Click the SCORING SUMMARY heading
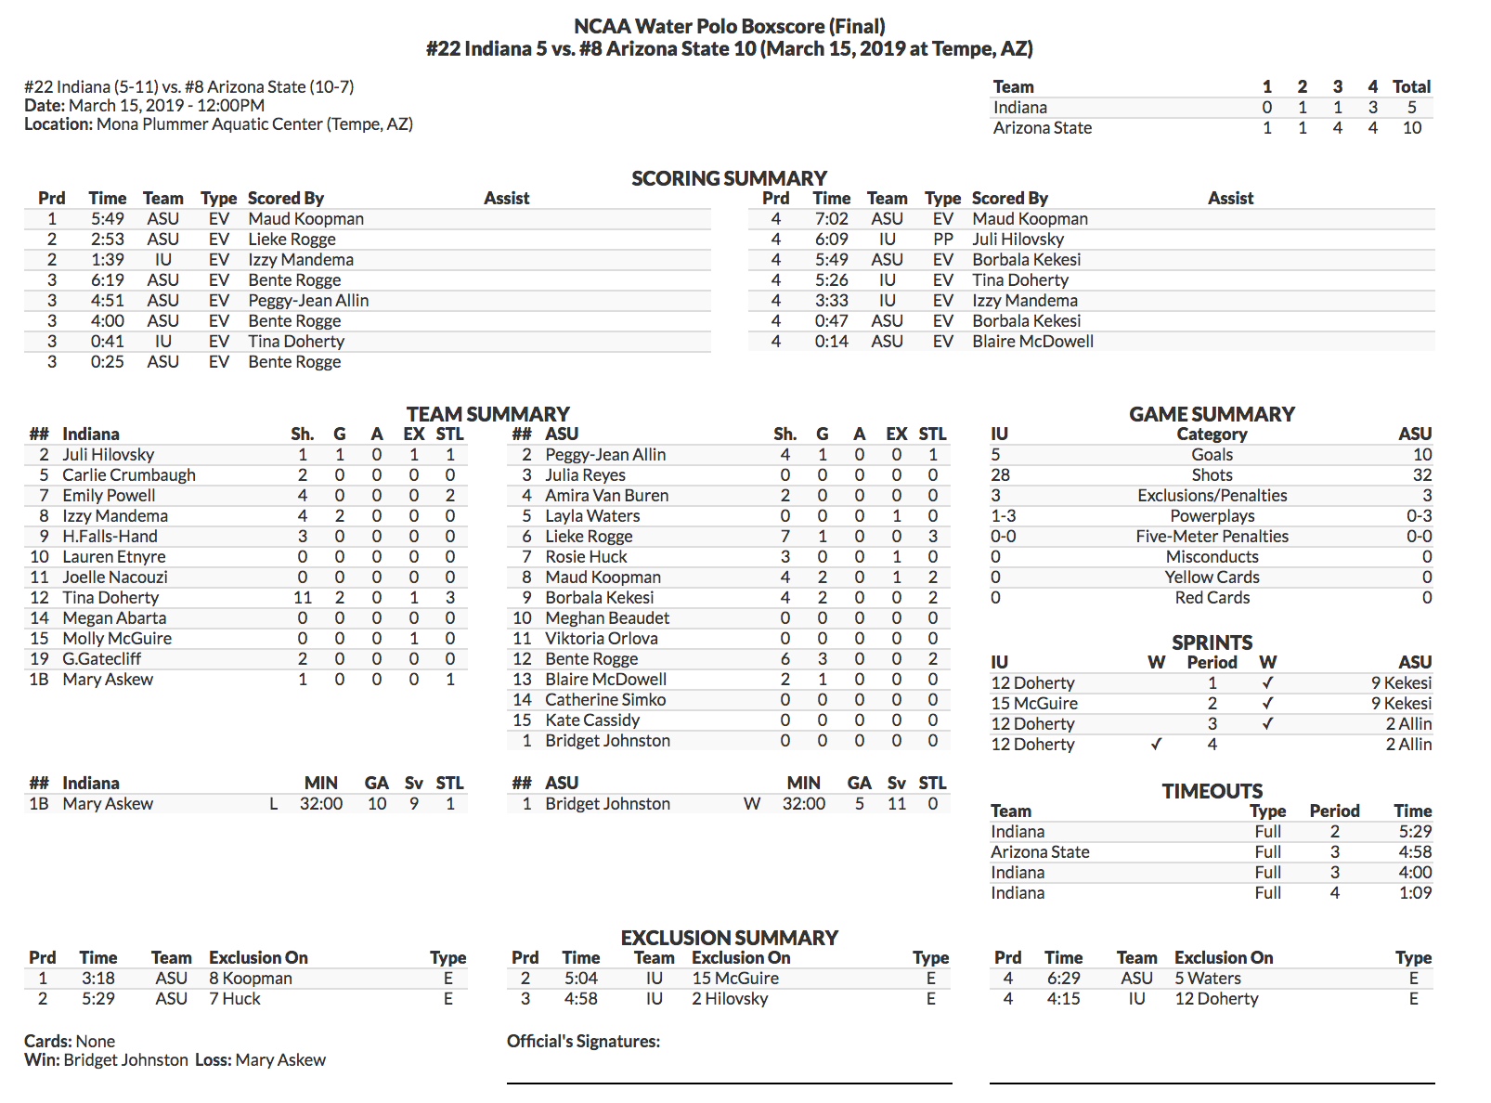point(729,178)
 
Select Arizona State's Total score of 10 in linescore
point(1411,128)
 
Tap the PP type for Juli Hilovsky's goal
point(942,240)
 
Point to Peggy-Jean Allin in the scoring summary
point(308,301)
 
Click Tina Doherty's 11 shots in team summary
point(303,598)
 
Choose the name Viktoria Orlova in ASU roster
point(601,639)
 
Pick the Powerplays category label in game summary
point(1212,516)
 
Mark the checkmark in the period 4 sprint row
point(1156,745)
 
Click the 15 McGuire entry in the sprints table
point(1034,704)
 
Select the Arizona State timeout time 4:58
point(1414,852)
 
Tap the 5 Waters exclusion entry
point(1207,979)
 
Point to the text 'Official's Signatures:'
point(583,1042)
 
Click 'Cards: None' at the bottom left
point(70,1042)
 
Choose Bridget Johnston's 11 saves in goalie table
point(896,804)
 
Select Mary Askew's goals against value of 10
point(376,804)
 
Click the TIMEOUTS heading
point(1212,791)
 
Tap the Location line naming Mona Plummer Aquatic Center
point(218,124)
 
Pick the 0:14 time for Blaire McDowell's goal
point(831,342)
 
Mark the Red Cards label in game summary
point(1212,598)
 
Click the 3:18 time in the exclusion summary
point(97,979)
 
